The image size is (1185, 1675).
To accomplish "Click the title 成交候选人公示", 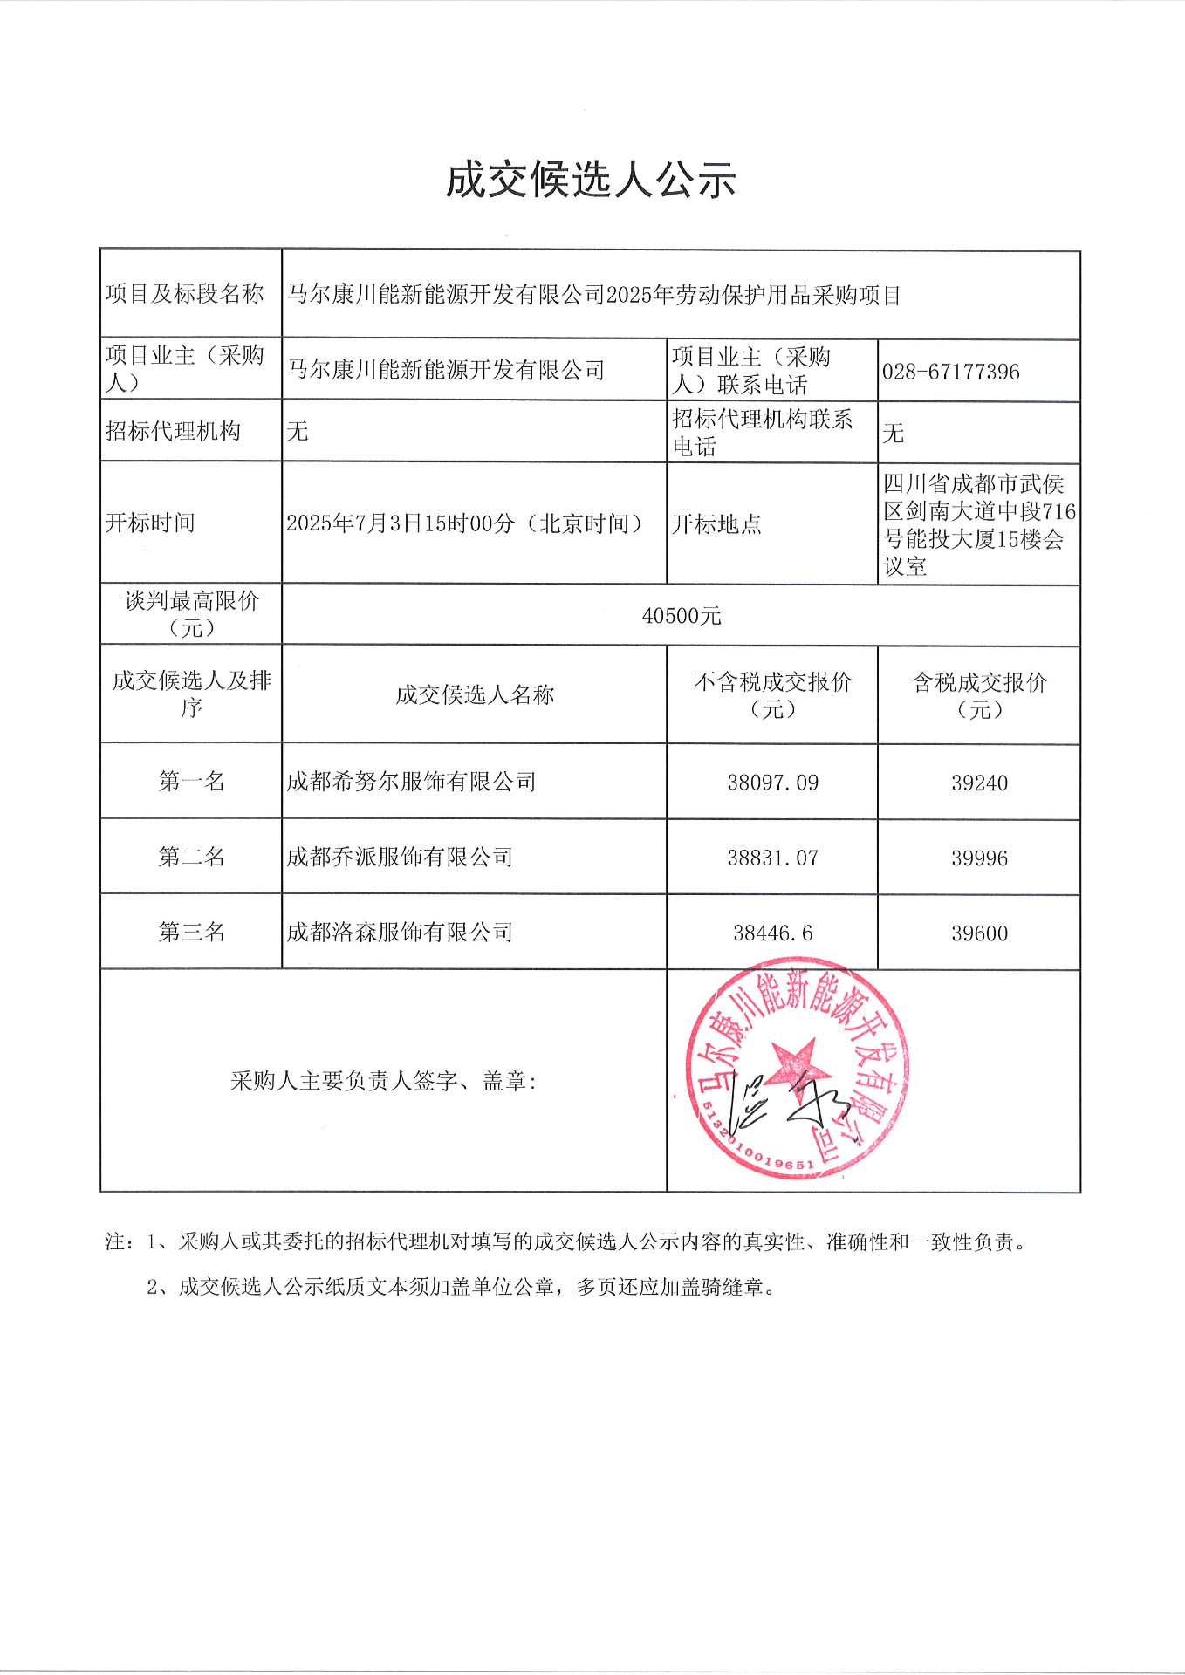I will tap(591, 181).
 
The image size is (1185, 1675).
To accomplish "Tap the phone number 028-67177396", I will tap(950, 372).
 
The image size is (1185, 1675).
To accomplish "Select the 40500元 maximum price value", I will tap(681, 616).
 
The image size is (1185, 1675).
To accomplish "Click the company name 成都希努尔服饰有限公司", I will tap(411, 782).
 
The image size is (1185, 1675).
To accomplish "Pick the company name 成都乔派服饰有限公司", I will tap(400, 857).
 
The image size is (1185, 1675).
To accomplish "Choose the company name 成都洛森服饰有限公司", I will tap(400, 932).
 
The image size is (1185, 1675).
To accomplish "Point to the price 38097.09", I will tap(772, 783).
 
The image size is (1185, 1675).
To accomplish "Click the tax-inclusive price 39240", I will tap(979, 783).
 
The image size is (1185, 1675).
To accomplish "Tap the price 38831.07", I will tap(772, 858).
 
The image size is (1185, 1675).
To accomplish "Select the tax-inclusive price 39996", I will tap(979, 858).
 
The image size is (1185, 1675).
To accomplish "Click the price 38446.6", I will tap(772, 933).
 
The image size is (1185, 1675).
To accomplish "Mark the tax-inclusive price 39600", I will tap(979, 933).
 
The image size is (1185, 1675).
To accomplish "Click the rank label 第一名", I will tap(191, 781).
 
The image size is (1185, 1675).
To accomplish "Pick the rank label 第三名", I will tap(191, 932).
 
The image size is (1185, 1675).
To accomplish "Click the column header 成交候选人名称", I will tap(475, 694).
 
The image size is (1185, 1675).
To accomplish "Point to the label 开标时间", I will tap(150, 523).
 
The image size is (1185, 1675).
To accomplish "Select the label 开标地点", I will tap(716, 523).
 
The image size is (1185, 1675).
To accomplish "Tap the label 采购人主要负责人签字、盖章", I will tap(383, 1082).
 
